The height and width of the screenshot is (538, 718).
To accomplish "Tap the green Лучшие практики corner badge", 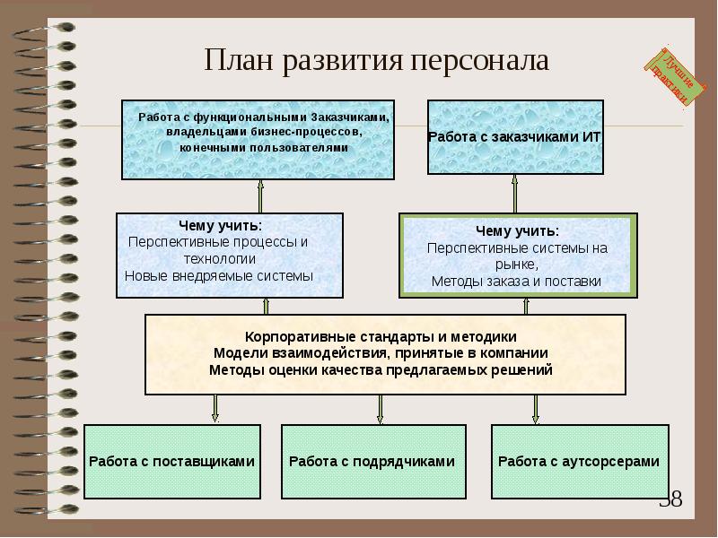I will (x=671, y=75).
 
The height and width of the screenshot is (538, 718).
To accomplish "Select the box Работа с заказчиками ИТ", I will (x=514, y=136).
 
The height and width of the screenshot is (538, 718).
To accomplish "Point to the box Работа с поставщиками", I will (x=171, y=462).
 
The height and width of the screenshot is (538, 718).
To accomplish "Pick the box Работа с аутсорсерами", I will (x=579, y=462).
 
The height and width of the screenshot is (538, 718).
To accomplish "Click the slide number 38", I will (x=671, y=499).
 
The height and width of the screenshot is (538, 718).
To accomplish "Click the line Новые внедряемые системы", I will (x=219, y=275).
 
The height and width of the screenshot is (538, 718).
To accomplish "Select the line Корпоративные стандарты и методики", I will (x=381, y=336).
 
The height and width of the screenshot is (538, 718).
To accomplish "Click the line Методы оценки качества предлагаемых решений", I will (x=381, y=369).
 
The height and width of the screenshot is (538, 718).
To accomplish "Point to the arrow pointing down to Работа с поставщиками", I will (x=215, y=408).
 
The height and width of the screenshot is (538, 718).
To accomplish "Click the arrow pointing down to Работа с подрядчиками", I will (x=381, y=408).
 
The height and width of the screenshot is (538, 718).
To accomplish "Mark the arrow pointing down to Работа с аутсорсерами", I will (x=536, y=408).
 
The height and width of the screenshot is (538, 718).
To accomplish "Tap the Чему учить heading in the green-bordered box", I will (x=517, y=230).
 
